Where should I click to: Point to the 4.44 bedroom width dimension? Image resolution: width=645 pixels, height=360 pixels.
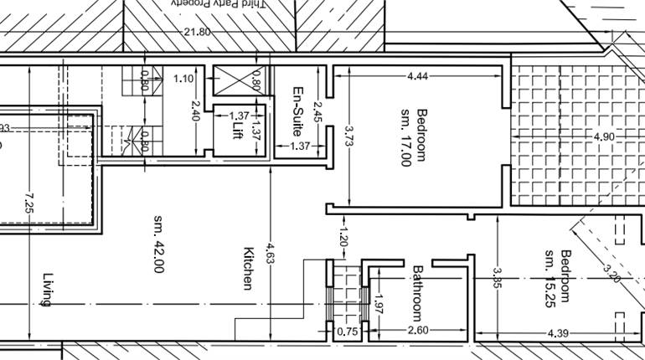click(x=417, y=77)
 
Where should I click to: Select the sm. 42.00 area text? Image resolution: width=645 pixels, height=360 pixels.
click(x=158, y=243)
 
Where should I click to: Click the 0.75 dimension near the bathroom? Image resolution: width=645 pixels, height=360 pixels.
click(x=346, y=332)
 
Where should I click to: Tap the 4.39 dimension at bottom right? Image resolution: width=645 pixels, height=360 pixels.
click(x=559, y=335)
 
